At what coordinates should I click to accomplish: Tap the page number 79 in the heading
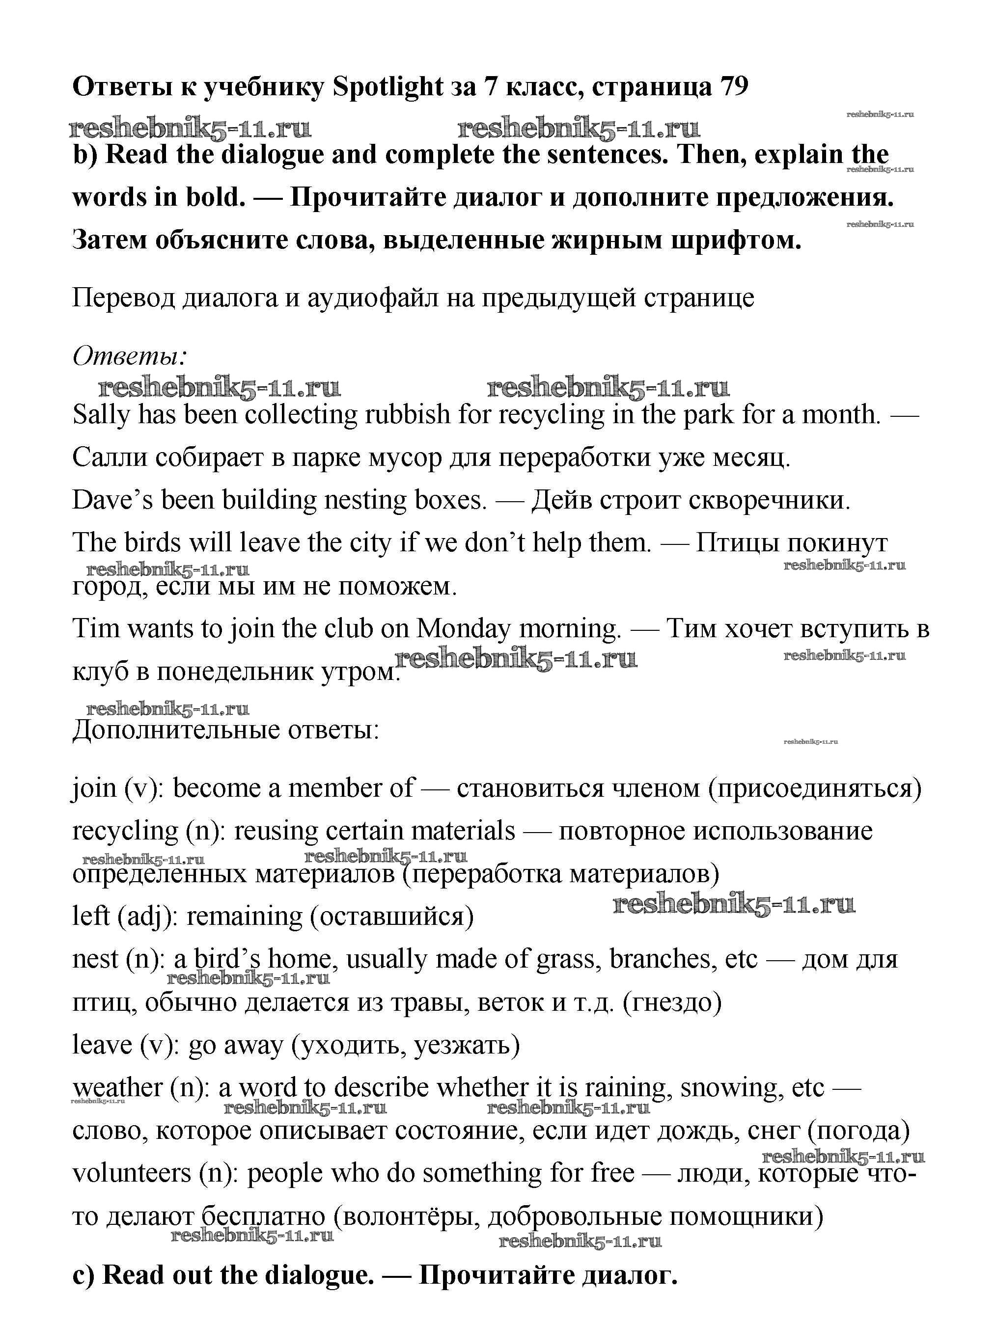[x=734, y=87]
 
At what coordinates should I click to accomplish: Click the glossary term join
[x=94, y=788]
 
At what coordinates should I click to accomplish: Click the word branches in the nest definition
[x=662, y=959]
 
